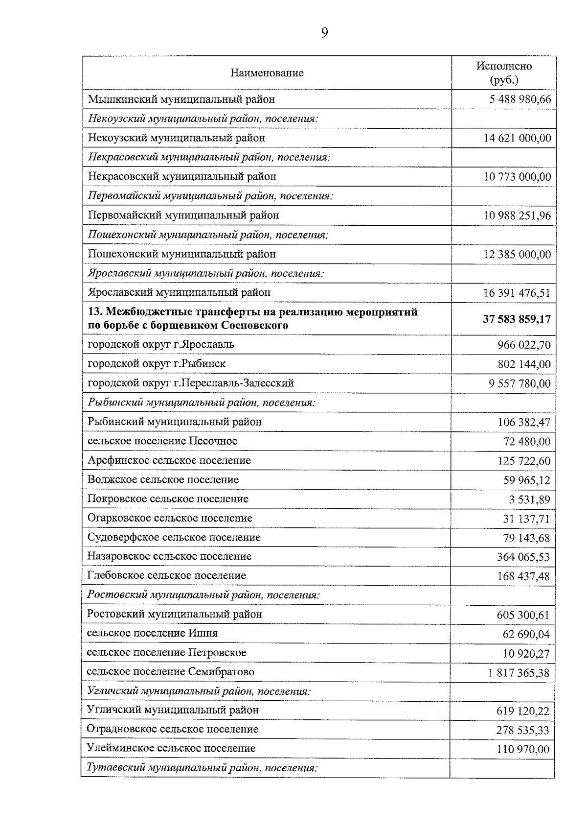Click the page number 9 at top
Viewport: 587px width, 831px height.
click(x=324, y=33)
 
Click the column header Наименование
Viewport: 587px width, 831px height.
click(x=267, y=73)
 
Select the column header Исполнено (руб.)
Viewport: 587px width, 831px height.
click(x=504, y=72)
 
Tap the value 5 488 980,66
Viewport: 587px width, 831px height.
click(x=520, y=99)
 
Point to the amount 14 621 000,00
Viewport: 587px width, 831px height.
click(x=517, y=138)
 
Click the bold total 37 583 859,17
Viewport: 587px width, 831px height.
click(x=517, y=319)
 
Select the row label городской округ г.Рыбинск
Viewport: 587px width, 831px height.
click(x=157, y=364)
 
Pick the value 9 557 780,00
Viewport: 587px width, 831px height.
click(x=519, y=383)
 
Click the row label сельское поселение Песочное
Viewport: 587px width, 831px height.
click(x=162, y=441)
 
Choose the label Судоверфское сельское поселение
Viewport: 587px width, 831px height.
click(x=174, y=538)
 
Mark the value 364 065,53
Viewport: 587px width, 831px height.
click(x=523, y=557)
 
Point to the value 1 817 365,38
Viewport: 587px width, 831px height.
click(x=519, y=673)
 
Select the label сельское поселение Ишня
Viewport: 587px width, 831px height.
click(x=152, y=634)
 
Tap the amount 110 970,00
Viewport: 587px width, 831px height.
click(x=522, y=750)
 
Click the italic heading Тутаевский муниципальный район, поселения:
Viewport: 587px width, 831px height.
click(x=202, y=768)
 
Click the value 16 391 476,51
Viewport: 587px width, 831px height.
click(x=517, y=293)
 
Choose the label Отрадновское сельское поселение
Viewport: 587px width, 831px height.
click(x=172, y=730)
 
